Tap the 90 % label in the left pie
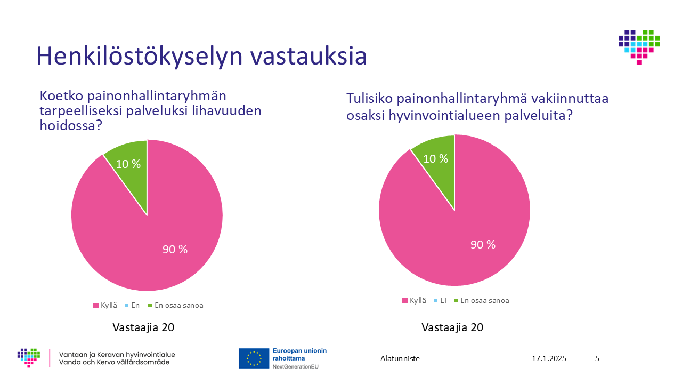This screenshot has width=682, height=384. click(x=175, y=249)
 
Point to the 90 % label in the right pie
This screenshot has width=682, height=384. click(x=483, y=244)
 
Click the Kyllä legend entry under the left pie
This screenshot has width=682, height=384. click(x=105, y=306)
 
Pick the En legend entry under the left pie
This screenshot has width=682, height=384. click(x=133, y=306)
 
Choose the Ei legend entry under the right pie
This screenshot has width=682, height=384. click(x=440, y=300)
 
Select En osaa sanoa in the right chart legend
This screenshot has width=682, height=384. click(x=482, y=300)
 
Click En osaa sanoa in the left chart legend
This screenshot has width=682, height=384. click(x=176, y=306)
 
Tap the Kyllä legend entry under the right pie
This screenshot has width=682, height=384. click(x=414, y=300)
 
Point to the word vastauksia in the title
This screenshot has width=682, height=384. click(x=308, y=57)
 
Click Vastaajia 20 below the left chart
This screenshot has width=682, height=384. click(x=143, y=327)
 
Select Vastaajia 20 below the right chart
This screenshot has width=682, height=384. click(x=452, y=327)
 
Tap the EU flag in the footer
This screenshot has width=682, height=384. click(x=254, y=358)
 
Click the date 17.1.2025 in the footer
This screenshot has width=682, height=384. click(x=549, y=358)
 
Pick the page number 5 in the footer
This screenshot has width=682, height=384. click(x=597, y=358)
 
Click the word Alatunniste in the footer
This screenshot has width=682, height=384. click(x=400, y=358)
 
